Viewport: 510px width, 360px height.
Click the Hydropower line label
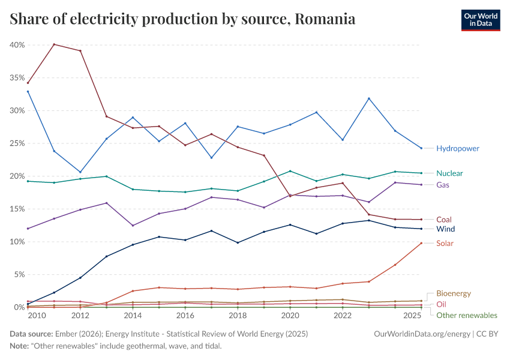click(458, 148)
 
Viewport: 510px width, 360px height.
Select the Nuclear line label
click(449, 173)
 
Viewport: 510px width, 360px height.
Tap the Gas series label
click(443, 185)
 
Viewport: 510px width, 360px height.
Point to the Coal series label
click(444, 220)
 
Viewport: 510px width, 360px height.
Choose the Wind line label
click(445, 229)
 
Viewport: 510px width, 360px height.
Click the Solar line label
click(445, 243)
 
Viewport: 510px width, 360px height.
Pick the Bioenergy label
click(454, 293)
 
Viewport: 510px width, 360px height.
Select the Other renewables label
click(466, 315)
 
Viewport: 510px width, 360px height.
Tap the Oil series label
click(441, 304)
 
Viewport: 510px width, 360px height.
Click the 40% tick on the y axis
click(17, 45)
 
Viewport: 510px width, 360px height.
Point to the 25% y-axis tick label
click(17, 143)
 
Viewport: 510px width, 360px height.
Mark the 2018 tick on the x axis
click(238, 316)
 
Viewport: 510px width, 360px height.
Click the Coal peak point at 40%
click(54, 44)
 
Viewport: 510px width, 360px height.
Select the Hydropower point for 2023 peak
click(369, 98)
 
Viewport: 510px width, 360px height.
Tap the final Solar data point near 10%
click(421, 243)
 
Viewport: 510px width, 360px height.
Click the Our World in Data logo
click(480, 20)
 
